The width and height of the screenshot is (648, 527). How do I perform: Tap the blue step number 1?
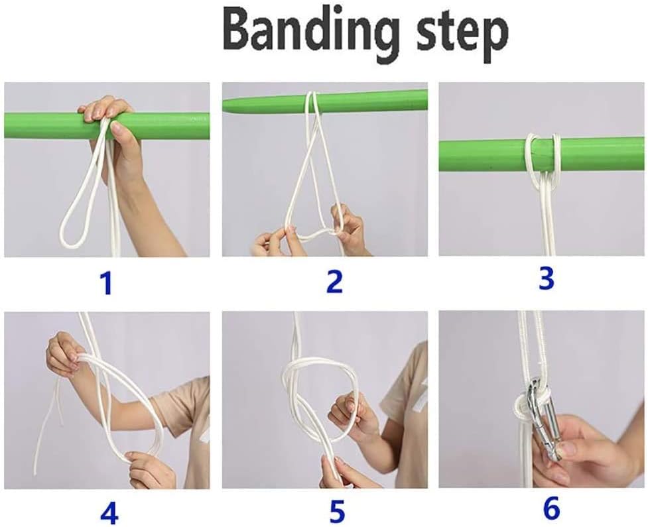pyautogui.click(x=105, y=283)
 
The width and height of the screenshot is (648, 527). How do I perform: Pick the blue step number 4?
pyautogui.click(x=109, y=512)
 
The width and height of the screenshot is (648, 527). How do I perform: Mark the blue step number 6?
pyautogui.click(x=551, y=509)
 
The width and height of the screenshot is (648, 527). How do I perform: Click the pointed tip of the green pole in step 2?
pyautogui.click(x=229, y=104)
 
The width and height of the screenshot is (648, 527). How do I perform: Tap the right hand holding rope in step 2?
pyautogui.click(x=350, y=232)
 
